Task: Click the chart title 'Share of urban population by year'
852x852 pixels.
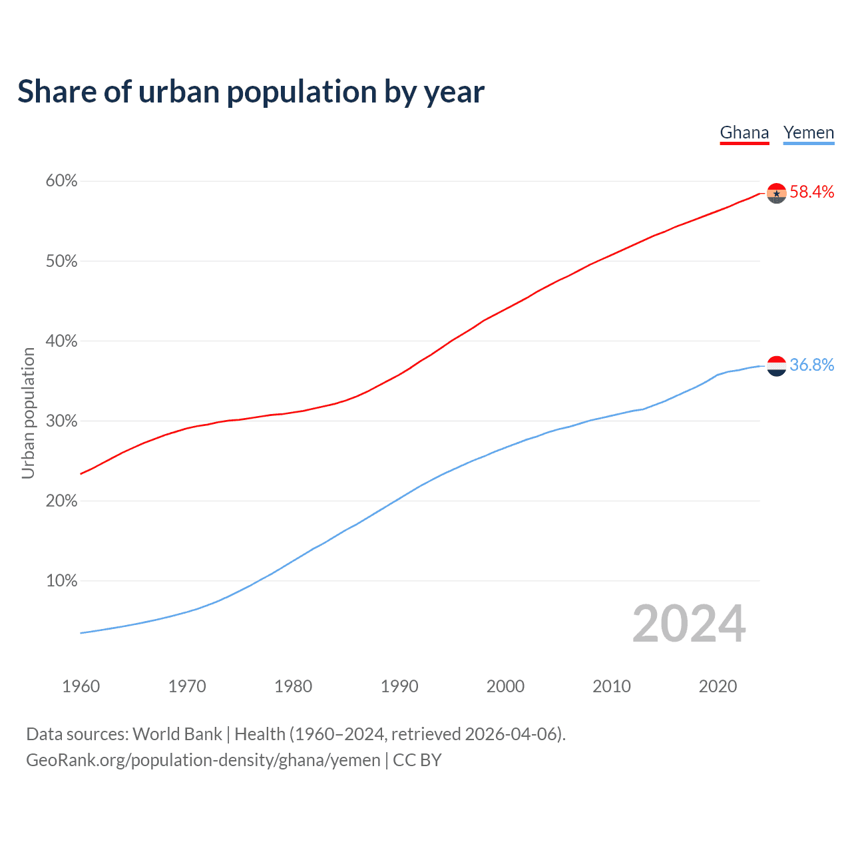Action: point(251,92)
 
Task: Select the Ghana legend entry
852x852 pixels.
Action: point(744,132)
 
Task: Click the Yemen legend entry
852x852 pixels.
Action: point(809,132)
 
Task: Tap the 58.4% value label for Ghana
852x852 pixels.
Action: point(811,192)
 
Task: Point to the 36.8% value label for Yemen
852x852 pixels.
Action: point(811,365)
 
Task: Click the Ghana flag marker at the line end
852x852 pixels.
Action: point(777,193)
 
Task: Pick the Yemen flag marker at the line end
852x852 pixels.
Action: point(777,366)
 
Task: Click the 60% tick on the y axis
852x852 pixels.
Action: point(62,181)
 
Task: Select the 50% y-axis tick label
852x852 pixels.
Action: point(62,262)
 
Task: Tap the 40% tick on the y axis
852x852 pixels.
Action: point(62,341)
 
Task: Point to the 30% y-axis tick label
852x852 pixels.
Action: point(62,421)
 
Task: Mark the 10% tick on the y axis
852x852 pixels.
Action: point(62,581)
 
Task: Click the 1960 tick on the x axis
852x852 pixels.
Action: point(81,686)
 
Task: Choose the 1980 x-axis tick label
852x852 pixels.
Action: point(293,686)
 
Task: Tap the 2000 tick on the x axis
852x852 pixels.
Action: point(505,686)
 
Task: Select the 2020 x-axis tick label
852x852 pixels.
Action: point(718,686)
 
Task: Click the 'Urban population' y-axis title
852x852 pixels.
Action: point(28,413)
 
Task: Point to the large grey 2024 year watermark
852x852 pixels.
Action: point(689,624)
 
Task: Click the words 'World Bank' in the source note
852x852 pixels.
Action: point(177,734)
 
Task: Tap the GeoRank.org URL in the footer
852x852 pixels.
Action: point(203,760)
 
